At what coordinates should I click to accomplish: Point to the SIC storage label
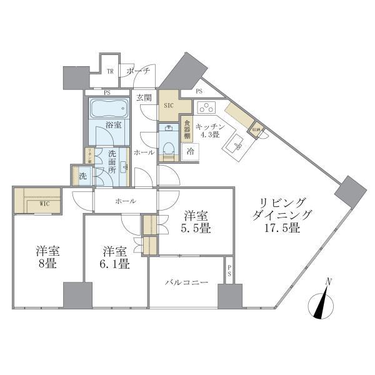168,106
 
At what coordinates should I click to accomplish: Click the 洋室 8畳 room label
47,257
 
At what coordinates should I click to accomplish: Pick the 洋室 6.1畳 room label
116,257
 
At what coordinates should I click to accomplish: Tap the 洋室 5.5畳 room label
196,222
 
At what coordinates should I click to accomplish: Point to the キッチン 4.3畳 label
207,130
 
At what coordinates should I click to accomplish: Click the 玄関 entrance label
144,97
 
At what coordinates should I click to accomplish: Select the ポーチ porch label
138,71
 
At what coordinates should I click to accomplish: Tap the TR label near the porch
110,72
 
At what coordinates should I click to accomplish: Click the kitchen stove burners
206,107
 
